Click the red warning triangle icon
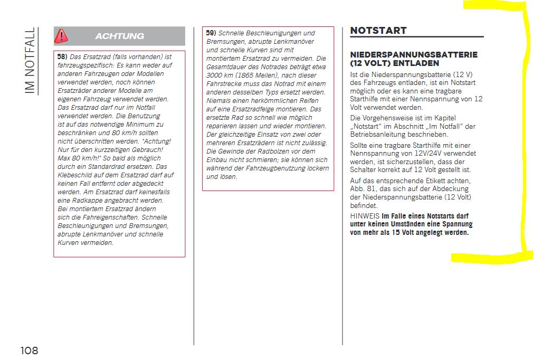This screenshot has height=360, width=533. tap(62, 36)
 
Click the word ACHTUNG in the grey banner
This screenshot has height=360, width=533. tap(119, 36)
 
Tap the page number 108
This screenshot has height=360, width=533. tap(30, 350)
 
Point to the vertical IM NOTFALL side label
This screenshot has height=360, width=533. tap(30, 61)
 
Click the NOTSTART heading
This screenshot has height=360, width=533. tap(378, 31)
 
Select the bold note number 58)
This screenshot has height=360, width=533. tap(62, 56)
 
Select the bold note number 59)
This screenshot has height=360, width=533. tap(211, 33)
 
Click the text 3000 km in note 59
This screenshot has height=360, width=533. tap(218, 75)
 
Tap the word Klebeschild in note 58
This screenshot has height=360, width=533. tap(74, 175)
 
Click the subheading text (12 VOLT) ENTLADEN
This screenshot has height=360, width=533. tap(387, 63)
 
